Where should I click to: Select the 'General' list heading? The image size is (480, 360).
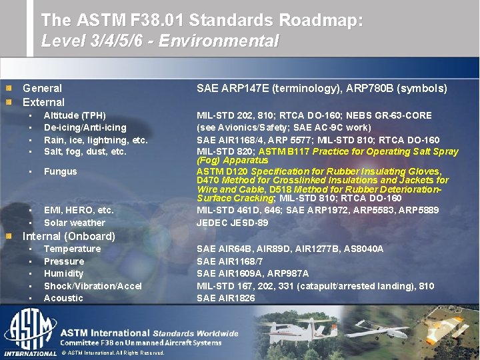tap(42, 88)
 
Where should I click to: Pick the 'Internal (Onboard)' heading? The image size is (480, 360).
tap(69, 236)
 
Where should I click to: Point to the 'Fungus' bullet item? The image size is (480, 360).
tap(60, 171)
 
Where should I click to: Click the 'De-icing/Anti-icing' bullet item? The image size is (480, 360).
tap(85, 127)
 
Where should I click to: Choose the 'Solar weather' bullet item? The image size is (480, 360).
tap(74, 223)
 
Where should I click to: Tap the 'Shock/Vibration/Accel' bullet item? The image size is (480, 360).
tap(93, 286)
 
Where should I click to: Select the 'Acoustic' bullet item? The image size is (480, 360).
tap(63, 298)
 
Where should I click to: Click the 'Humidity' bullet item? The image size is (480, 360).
tap(63, 273)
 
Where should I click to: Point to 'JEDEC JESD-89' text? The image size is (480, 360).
tap(232, 223)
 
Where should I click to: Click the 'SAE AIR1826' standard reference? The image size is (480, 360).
tap(225, 298)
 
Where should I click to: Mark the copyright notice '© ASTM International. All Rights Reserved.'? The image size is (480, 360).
tap(112, 353)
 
